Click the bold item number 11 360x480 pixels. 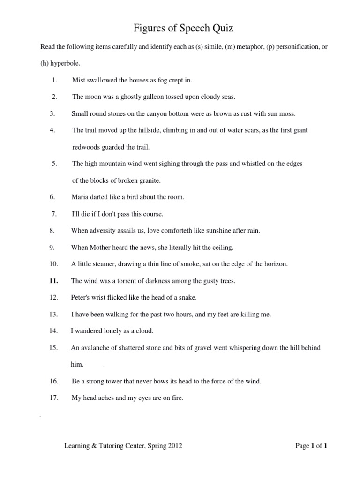[x=53, y=281]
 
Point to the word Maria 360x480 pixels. [x=80, y=197]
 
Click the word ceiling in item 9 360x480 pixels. [x=223, y=247]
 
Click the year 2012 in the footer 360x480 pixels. [x=174, y=446]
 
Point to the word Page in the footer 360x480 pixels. [x=302, y=446]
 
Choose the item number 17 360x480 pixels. [x=53, y=398]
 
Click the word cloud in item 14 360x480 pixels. [x=145, y=331]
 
